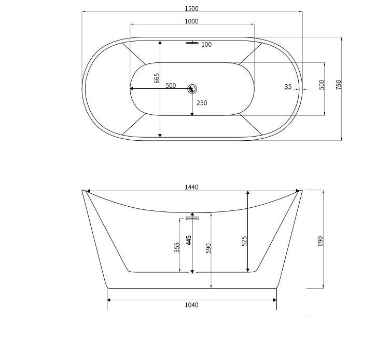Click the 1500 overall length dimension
[191, 9]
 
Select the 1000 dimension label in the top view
[191, 21]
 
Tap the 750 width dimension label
[339, 85]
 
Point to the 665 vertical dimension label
[157, 78]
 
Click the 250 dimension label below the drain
[202, 103]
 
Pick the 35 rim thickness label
[288, 87]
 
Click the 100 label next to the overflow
[206, 45]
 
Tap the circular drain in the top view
[192, 89]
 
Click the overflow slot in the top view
[192, 43]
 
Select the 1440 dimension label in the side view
[191, 187]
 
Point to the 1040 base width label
[191, 305]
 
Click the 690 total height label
[320, 241]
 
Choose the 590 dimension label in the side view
[208, 248]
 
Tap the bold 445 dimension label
[189, 241]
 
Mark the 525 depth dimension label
[244, 241]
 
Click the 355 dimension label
[177, 247]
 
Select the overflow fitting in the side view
[192, 219]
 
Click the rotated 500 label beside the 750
[322, 85]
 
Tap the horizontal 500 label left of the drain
[171, 86]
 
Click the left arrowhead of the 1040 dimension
[109, 300]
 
